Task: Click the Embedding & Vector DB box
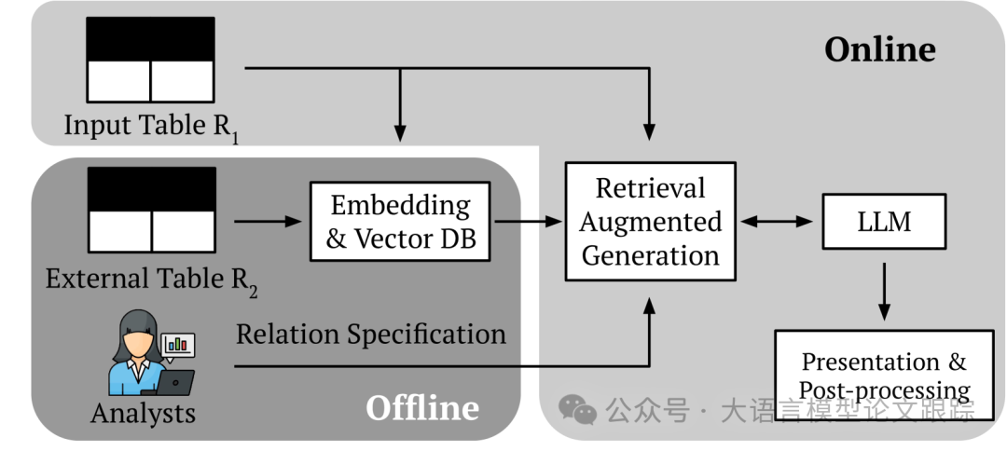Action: tap(401, 221)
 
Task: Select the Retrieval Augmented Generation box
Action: tap(650, 222)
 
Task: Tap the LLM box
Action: tap(883, 221)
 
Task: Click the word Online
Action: tap(879, 49)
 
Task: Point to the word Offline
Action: tap(422, 407)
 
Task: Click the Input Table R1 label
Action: tap(151, 126)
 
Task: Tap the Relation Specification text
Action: tap(370, 334)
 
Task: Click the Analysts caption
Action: tap(144, 413)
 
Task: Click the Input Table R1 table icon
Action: tap(150, 60)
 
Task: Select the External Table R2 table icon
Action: tap(151, 210)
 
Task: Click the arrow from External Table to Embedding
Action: tap(269, 222)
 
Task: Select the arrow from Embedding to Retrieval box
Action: tap(529, 222)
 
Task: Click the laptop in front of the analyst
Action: tap(175, 381)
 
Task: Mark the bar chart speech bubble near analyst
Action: tap(178, 345)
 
